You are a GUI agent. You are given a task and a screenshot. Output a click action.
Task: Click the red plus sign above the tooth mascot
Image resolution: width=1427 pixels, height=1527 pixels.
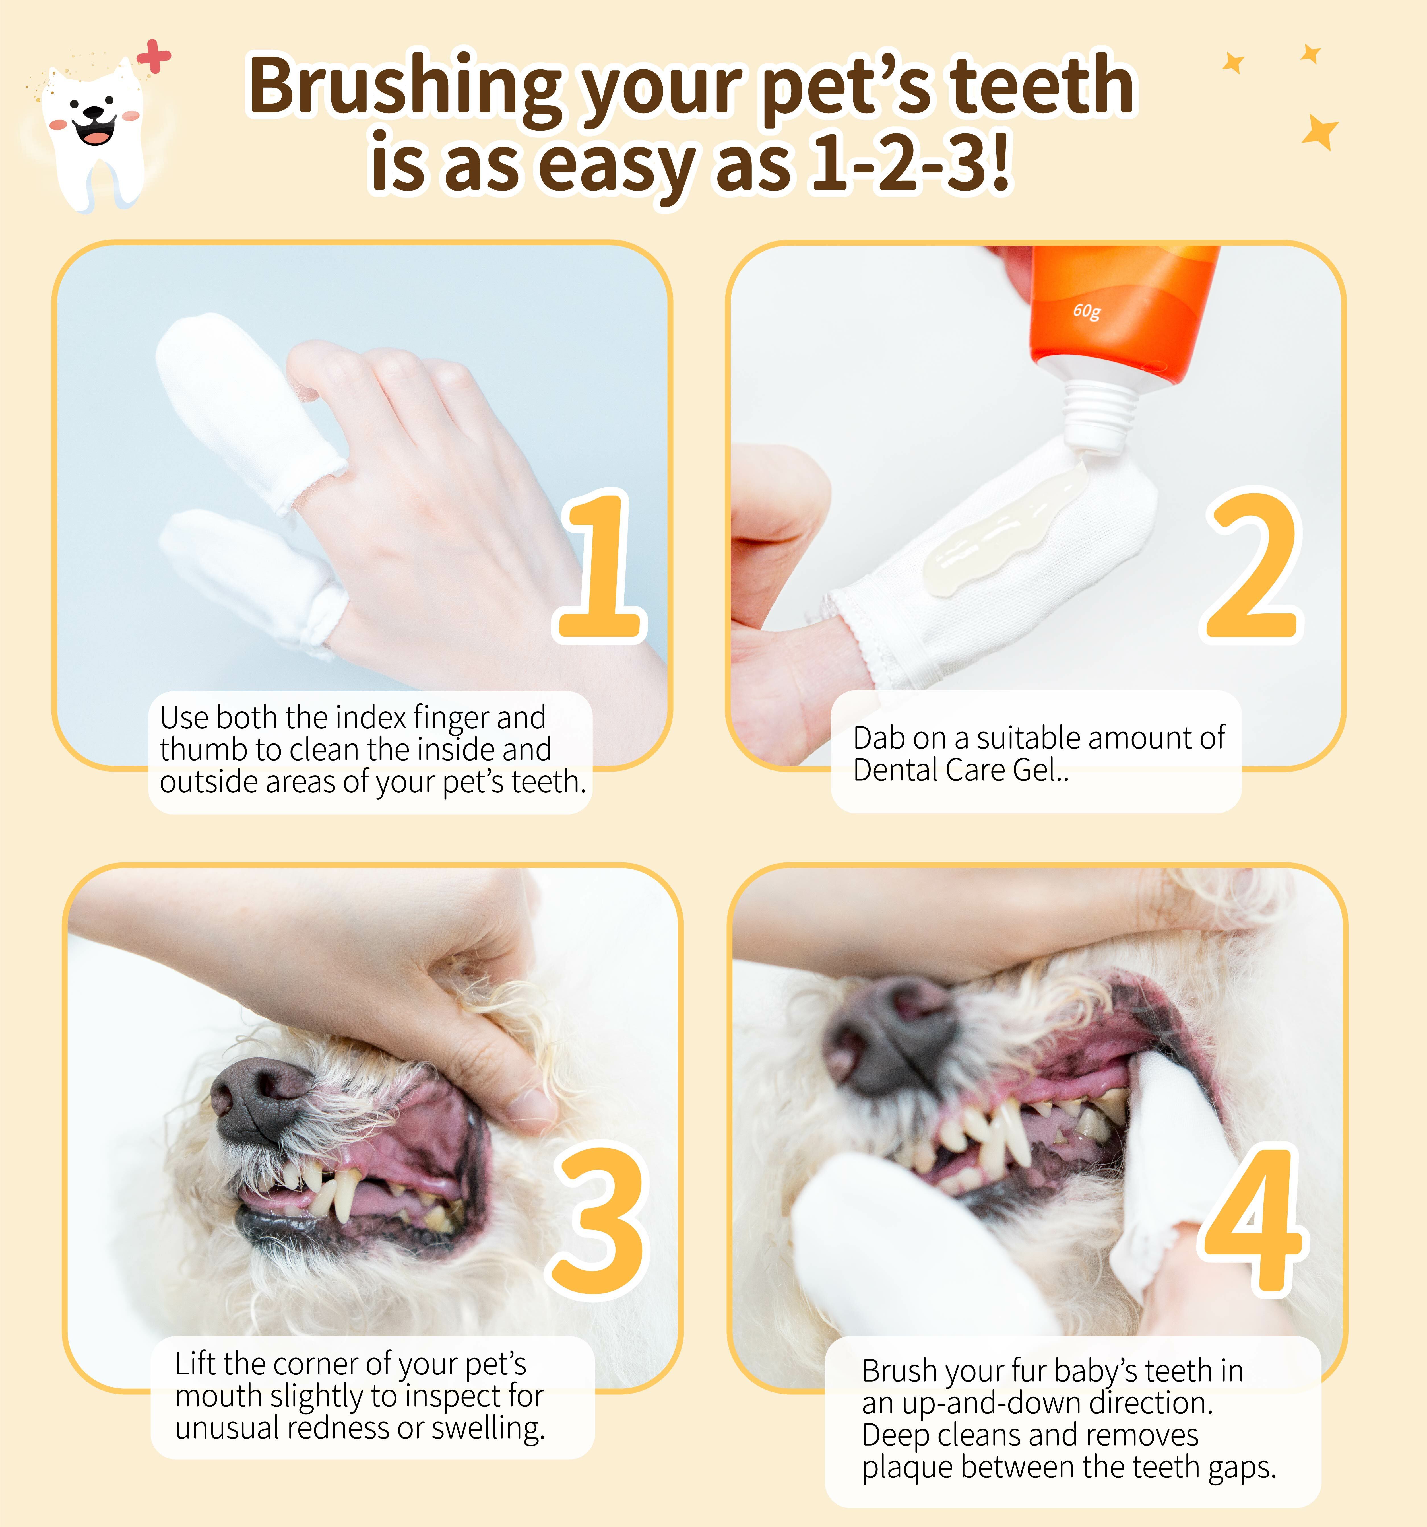154,57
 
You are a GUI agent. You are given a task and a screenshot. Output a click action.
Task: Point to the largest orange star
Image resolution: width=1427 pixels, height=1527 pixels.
1319,132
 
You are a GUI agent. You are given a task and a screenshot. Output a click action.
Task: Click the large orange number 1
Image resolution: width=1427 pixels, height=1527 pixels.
601,566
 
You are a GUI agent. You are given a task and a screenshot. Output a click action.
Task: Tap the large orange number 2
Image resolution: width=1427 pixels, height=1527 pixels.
1252,566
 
